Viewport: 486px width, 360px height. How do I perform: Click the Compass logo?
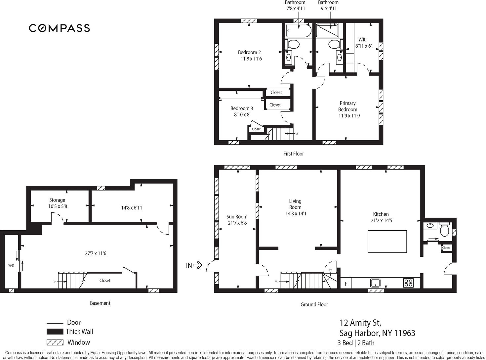tap(60, 28)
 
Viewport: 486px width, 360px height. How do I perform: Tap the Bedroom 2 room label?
tap(249, 52)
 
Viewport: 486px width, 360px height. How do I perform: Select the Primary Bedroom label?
tap(347, 106)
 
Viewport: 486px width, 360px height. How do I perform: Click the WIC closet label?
tap(362, 40)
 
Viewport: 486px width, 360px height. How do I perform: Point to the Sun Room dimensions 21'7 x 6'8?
tap(237, 223)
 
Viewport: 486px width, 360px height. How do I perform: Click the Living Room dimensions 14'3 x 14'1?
tap(296, 213)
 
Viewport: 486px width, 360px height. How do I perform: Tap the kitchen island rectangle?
tap(387, 241)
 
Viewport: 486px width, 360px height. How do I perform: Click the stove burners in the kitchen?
tap(408, 283)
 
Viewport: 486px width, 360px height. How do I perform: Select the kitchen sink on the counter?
tap(376, 283)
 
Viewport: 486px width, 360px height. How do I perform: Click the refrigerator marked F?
tap(346, 284)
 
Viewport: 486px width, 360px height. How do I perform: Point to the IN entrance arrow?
tap(198, 265)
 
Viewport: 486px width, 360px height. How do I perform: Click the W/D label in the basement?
tap(11, 265)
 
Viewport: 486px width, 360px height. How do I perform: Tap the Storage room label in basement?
tap(57, 200)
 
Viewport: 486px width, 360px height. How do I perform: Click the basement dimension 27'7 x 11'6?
tap(96, 253)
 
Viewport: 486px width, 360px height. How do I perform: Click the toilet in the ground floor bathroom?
tap(444, 229)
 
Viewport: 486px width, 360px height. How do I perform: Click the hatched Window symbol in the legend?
tap(55, 342)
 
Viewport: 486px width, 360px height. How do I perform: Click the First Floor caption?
tap(294, 154)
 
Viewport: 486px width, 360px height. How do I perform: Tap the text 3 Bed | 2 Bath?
tap(356, 343)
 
